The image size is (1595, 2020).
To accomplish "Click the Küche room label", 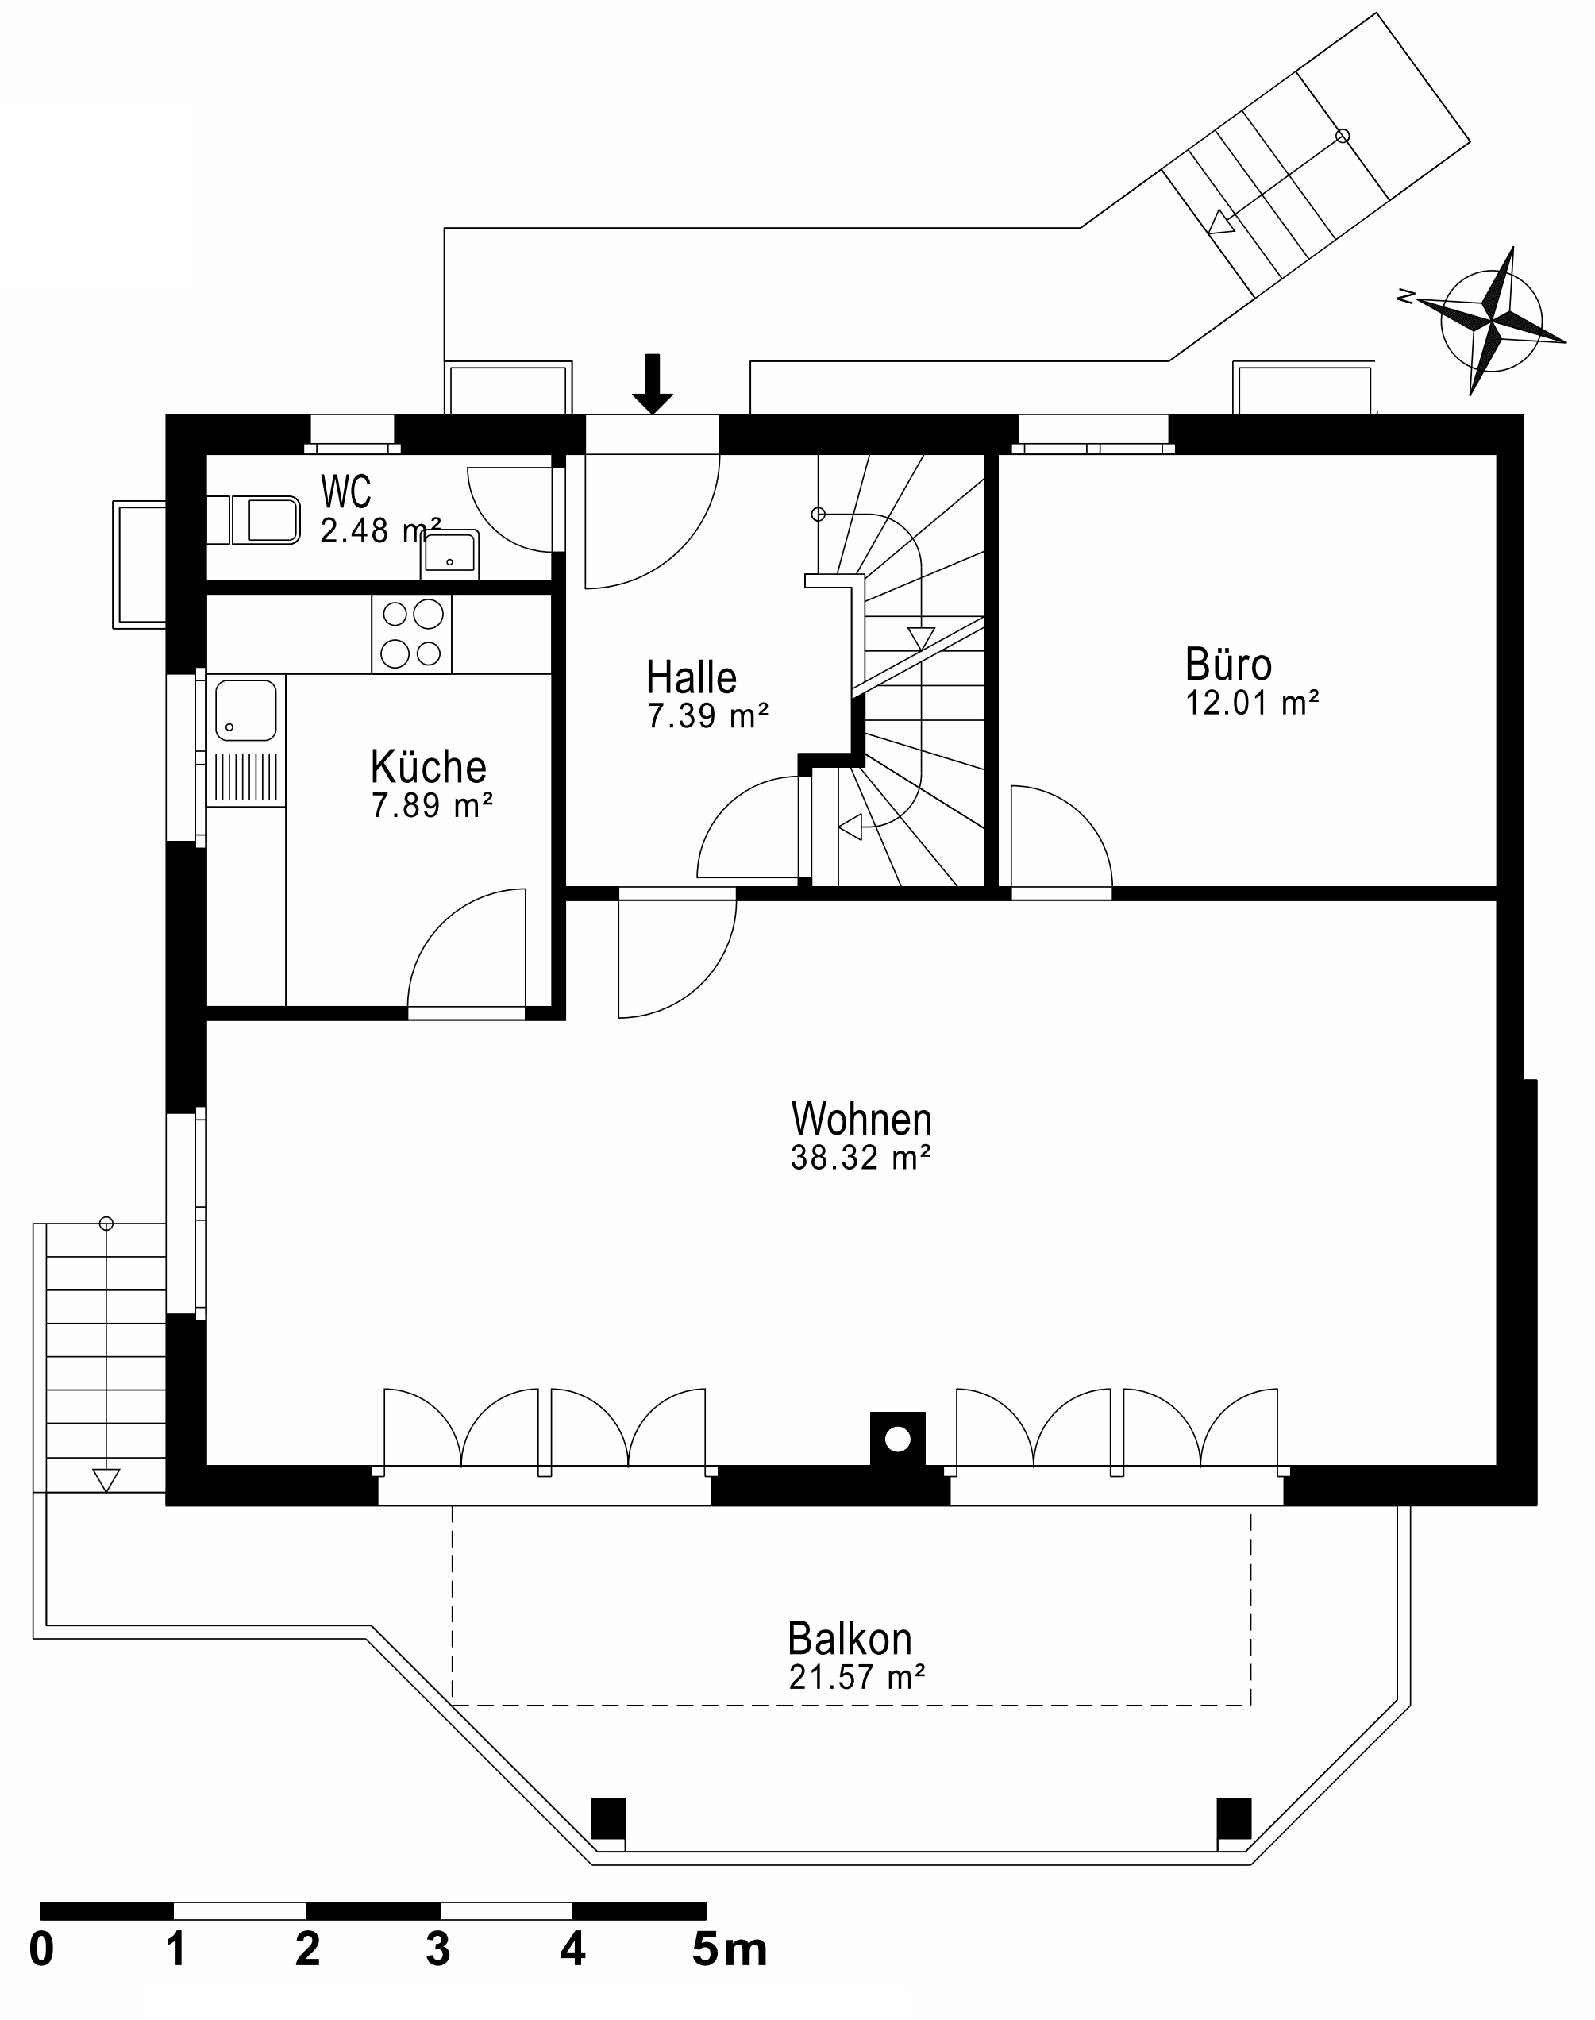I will (428, 767).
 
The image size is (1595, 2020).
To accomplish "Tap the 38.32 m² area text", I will (860, 1158).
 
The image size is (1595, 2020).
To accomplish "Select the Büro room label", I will (1227, 665).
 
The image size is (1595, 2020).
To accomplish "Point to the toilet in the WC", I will (265, 520).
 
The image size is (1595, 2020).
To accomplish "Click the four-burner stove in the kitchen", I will (412, 633).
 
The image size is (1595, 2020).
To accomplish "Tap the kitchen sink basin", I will (245, 710).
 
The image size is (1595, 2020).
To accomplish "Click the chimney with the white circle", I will (897, 1439).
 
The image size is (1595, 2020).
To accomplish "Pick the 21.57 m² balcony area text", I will (857, 1677).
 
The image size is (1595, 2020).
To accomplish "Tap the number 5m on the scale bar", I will (728, 1951).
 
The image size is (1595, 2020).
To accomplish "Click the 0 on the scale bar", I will (41, 1951).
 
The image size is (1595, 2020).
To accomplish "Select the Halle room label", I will (691, 677).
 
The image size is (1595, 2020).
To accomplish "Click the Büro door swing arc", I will (1083, 817).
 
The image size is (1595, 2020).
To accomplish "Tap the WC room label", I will (345, 492).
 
